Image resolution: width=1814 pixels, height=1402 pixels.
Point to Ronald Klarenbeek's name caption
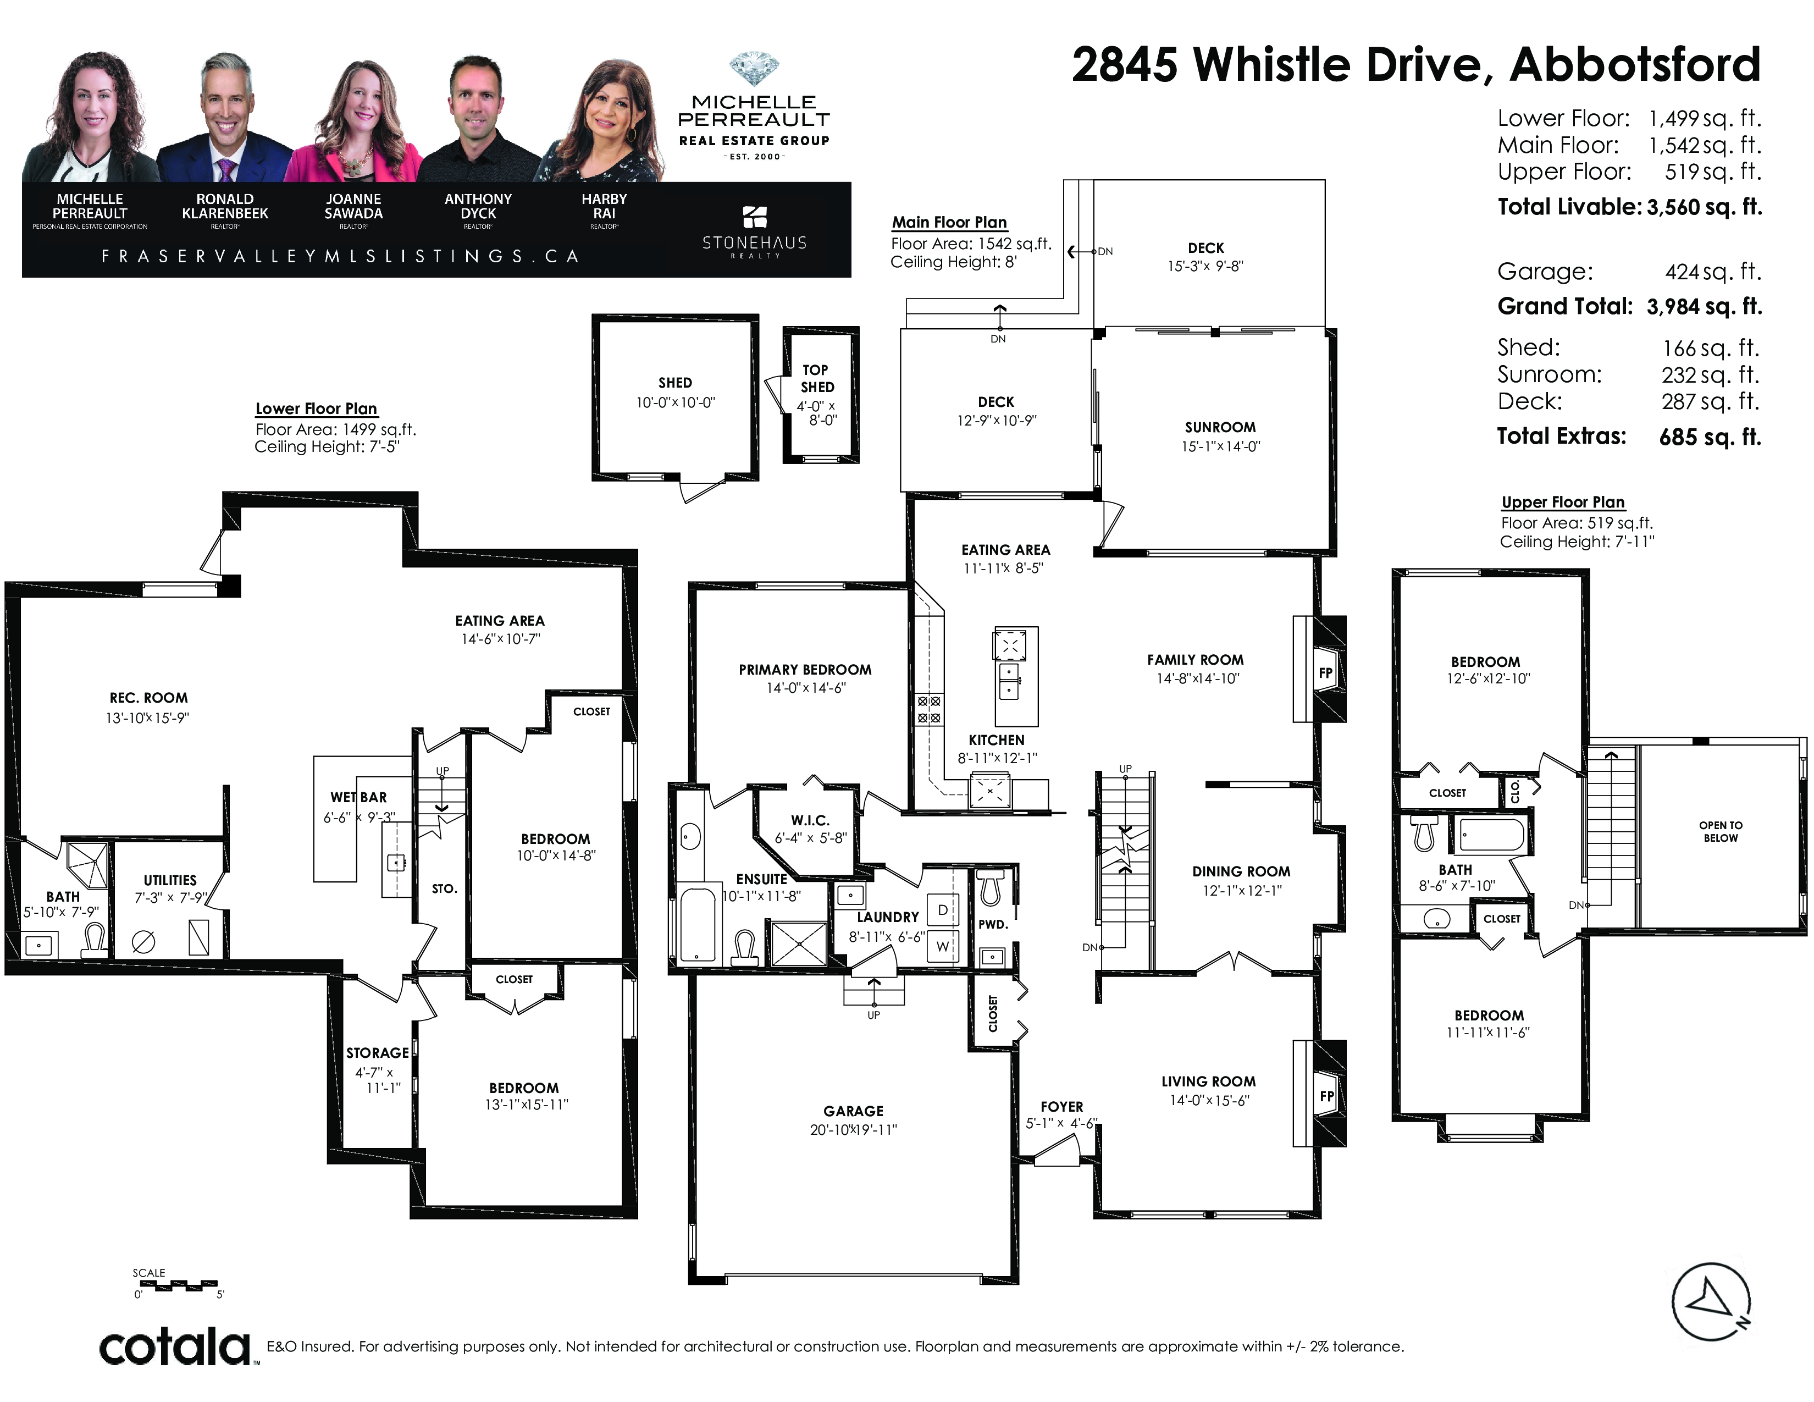(x=225, y=206)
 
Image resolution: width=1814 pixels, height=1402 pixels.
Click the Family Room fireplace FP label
(x=1326, y=673)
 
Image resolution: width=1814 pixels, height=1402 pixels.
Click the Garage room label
(x=853, y=1111)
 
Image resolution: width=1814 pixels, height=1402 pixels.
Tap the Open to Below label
(x=1720, y=831)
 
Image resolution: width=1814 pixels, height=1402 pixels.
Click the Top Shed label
(x=816, y=378)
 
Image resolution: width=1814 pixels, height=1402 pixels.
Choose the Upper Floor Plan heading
(x=1563, y=503)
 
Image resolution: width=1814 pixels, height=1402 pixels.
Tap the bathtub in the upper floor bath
(x=1492, y=834)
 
